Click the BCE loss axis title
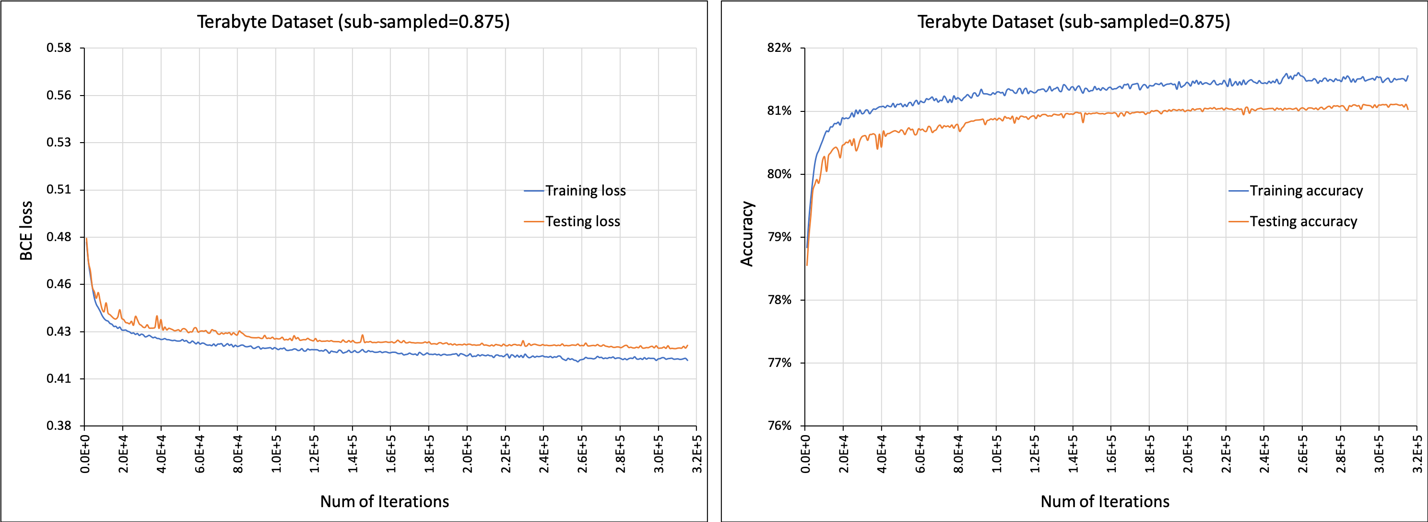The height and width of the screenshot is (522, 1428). click(x=26, y=231)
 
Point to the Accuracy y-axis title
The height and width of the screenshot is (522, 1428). click(x=747, y=233)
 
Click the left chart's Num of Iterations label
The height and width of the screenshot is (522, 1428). click(x=384, y=501)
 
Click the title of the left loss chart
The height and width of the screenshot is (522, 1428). click(x=353, y=22)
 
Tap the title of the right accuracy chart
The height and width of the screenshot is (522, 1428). click(x=1073, y=22)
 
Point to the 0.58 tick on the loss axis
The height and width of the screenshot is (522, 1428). click(x=59, y=48)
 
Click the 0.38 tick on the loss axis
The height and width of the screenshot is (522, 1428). click(x=59, y=425)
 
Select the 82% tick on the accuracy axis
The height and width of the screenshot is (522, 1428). click(x=779, y=48)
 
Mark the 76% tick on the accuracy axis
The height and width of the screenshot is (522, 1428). click(x=779, y=425)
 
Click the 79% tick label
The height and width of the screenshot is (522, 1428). click(x=779, y=237)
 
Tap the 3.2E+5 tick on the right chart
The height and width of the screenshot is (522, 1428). click(x=1417, y=453)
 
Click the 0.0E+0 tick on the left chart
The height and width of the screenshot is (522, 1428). click(x=85, y=453)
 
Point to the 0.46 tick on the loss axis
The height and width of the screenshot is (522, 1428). click(x=59, y=284)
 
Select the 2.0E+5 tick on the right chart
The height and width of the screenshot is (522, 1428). click(x=1187, y=453)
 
